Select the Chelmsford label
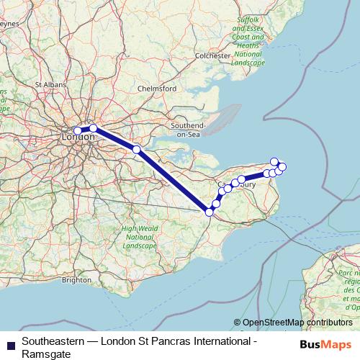coord(156,89)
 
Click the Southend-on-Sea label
coord(189,130)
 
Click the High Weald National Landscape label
coord(138,237)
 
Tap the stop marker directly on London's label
coord(78,131)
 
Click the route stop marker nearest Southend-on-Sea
coord(136,150)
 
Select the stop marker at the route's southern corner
coord(210,212)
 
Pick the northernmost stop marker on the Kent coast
coord(274,161)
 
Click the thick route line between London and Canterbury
coord(173,181)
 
